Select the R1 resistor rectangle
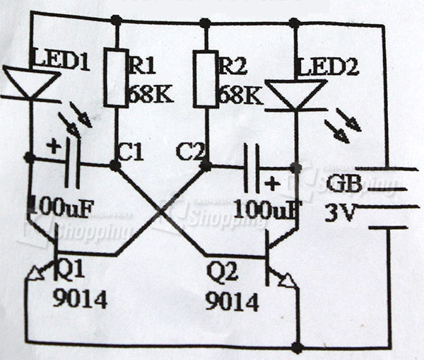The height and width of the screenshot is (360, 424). [115, 78]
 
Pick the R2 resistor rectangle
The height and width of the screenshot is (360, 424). [205, 78]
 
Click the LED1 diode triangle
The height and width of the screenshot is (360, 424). [30, 82]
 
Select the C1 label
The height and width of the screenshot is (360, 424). [131, 150]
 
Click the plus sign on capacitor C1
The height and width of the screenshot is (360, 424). [54, 147]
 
